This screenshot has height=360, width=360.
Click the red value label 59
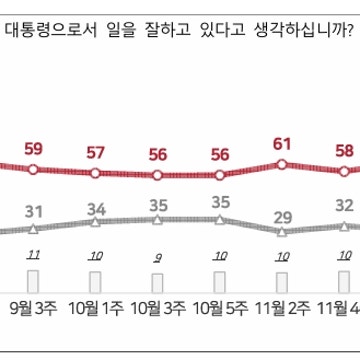[x=33, y=150]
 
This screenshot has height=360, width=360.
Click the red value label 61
[x=282, y=144]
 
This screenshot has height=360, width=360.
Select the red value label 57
[x=96, y=153]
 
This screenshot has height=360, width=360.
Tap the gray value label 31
[x=33, y=211]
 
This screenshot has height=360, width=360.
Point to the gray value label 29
[x=282, y=215]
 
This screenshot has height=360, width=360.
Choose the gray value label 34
[x=96, y=208]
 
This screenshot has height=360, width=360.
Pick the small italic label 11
[x=33, y=255]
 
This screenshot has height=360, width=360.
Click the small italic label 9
[x=158, y=257]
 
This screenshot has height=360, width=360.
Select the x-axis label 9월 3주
[x=33, y=308]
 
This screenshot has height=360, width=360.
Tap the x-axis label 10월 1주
[x=96, y=308]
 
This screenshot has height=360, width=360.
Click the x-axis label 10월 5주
[x=220, y=308]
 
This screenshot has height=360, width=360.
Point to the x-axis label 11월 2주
[x=282, y=308]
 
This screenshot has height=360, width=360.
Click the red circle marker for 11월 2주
[x=282, y=165]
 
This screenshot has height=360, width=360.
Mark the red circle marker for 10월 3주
[x=158, y=174]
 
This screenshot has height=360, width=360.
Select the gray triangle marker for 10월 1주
[x=96, y=222]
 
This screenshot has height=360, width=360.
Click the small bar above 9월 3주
[x=33, y=280]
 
